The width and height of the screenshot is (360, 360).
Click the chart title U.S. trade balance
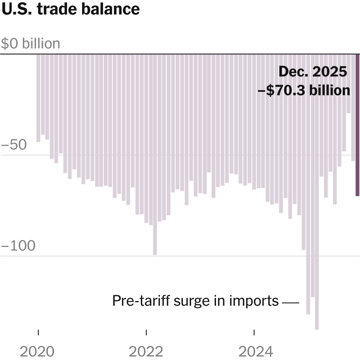(71, 9)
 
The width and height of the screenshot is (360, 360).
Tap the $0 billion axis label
(31, 44)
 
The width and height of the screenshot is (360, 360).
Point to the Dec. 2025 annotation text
(312, 72)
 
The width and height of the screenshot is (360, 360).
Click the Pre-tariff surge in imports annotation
(195, 301)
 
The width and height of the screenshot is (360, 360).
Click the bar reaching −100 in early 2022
(155, 154)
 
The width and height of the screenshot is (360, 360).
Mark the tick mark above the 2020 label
(38, 332)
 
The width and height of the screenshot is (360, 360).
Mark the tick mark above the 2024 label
(254, 332)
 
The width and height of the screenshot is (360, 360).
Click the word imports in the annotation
(253, 301)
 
